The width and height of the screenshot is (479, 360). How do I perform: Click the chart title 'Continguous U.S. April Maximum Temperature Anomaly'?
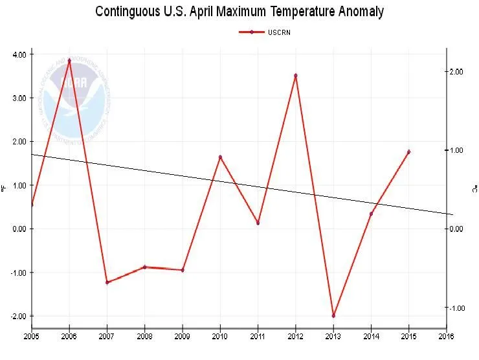tap(239, 12)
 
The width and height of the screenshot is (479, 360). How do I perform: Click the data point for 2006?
tap(69, 61)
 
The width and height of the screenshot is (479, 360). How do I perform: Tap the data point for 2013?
tap(333, 315)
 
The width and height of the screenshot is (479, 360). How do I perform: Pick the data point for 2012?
tap(296, 76)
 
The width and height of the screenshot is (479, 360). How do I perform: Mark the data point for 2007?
tap(107, 282)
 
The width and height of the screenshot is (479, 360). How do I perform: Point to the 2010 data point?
tap(220, 157)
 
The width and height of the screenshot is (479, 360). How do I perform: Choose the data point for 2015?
tap(408, 152)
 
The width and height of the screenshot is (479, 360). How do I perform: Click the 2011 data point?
tap(258, 223)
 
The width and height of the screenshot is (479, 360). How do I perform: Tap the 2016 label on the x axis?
tap(446, 337)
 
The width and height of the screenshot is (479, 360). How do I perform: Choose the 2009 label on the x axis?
tap(183, 337)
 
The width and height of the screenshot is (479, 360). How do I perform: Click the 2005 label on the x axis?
tap(32, 337)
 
